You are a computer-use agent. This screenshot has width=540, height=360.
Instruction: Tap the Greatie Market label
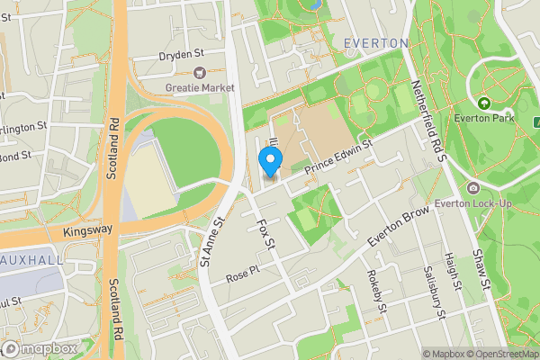pos(200,87)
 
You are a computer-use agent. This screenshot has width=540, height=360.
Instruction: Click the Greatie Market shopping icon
pos(200,73)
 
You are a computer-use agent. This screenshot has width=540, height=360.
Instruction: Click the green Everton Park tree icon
pos(485,103)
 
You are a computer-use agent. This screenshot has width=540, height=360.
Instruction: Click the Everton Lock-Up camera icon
pos(473,188)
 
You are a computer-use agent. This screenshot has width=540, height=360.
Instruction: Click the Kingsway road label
pos(88,231)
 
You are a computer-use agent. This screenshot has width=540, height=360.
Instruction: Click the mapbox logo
pos(40,348)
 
